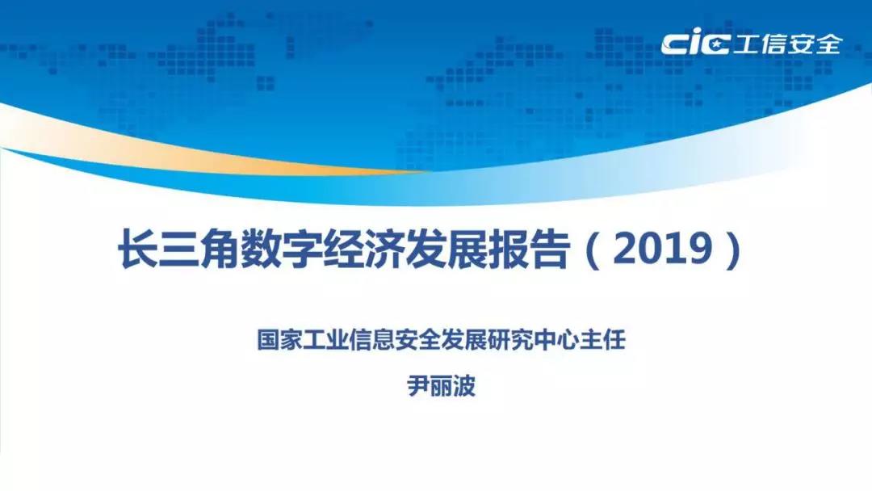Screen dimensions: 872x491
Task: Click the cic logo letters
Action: pyautogui.click(x=694, y=44)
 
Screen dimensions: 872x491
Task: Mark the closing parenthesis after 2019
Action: pyautogui.click(x=734, y=250)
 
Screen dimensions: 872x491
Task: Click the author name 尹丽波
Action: pyautogui.click(x=442, y=385)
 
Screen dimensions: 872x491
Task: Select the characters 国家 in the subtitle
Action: pyautogui.click(x=279, y=338)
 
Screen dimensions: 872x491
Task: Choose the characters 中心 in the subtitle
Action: pyautogui.click(x=556, y=338)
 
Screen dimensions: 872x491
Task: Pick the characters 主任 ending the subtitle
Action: pyautogui.click(x=602, y=338)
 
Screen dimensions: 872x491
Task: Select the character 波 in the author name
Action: pyautogui.click(x=465, y=385)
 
